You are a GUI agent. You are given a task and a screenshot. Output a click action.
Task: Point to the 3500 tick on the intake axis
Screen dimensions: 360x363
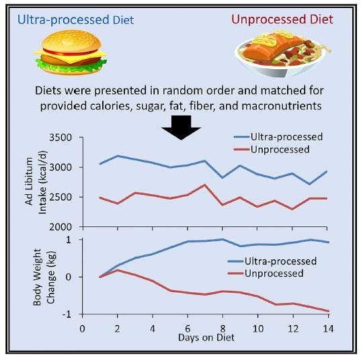point(65,138)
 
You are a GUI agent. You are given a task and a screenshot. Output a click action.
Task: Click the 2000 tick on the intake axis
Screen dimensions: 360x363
point(65,227)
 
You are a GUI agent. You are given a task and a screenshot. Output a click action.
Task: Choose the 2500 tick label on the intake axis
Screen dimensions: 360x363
point(65,197)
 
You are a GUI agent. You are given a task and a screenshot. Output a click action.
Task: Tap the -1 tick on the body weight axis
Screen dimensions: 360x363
point(69,314)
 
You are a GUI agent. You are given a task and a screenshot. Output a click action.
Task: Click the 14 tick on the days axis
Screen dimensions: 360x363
point(327,328)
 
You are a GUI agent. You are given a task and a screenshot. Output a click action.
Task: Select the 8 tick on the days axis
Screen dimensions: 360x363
point(223,328)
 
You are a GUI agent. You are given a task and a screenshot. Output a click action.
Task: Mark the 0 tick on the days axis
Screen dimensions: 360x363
point(82,328)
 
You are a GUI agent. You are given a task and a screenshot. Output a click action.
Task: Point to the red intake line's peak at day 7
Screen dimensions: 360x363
point(205,185)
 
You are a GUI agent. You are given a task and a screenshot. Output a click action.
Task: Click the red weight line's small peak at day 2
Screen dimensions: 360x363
point(117,270)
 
